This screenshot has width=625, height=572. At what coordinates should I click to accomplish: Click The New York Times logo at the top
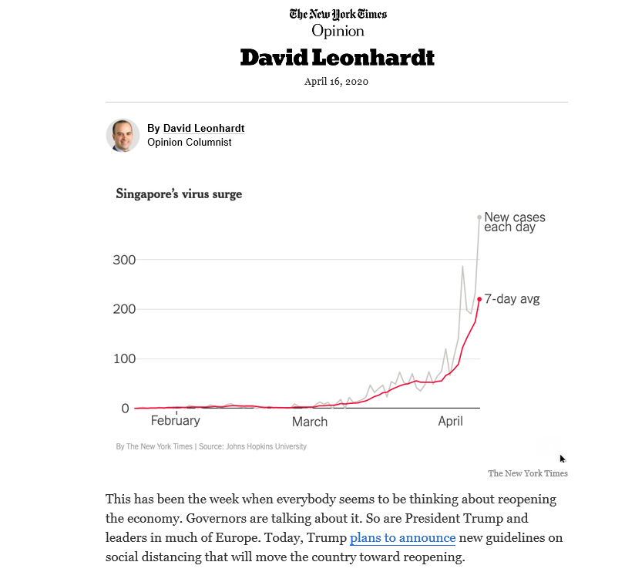(338, 14)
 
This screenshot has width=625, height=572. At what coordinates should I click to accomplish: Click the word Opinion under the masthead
(338, 31)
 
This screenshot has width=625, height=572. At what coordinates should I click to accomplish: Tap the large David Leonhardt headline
(338, 57)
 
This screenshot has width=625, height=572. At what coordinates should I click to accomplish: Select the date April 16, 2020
(337, 81)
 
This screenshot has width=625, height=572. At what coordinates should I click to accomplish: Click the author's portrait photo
(123, 135)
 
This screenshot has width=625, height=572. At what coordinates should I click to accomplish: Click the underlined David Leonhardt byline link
(203, 128)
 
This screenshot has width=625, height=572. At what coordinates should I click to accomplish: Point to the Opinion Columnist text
(190, 142)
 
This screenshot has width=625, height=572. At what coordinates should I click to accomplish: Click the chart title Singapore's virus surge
(179, 194)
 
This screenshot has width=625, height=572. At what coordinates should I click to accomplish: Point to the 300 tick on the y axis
(123, 260)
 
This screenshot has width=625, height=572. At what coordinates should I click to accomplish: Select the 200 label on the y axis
(123, 309)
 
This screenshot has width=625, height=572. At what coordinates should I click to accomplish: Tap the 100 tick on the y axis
(123, 358)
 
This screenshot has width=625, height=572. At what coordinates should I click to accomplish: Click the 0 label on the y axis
(125, 408)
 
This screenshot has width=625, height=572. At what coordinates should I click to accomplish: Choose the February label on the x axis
(175, 421)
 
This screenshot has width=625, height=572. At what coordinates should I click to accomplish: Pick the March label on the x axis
(310, 422)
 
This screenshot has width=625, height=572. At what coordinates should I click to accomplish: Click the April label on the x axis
(451, 421)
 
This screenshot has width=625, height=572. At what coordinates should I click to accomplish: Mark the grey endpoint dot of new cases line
(479, 217)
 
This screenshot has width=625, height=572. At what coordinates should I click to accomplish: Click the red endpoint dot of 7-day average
(479, 299)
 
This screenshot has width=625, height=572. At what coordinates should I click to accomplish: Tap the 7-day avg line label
(512, 299)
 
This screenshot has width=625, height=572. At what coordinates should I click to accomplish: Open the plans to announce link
(402, 537)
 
